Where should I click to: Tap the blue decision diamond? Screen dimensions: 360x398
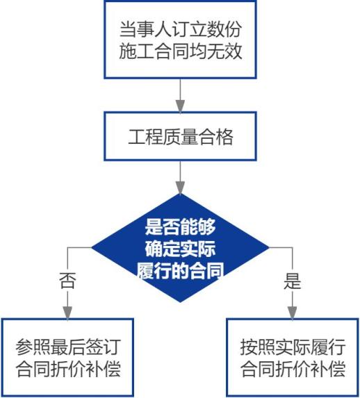(x=180, y=248)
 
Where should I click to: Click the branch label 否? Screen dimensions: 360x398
(x=67, y=281)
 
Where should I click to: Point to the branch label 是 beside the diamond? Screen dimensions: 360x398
(x=293, y=281)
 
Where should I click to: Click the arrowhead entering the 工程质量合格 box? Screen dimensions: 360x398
(x=180, y=106)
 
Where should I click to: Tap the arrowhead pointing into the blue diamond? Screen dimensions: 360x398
(x=180, y=188)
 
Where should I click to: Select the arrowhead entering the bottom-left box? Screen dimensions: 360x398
(x=67, y=313)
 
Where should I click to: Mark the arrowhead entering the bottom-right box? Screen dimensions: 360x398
(x=293, y=313)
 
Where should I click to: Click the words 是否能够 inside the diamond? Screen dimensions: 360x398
(x=180, y=226)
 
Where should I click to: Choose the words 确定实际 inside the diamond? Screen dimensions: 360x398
(x=180, y=249)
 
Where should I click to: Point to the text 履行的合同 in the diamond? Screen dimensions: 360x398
(x=180, y=271)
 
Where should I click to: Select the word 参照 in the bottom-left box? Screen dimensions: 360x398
(x=33, y=347)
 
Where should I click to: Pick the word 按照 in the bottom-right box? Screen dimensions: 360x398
(x=258, y=347)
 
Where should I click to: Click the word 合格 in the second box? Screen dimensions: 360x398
(x=215, y=137)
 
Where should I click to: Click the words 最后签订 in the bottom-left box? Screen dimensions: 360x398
(x=85, y=347)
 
